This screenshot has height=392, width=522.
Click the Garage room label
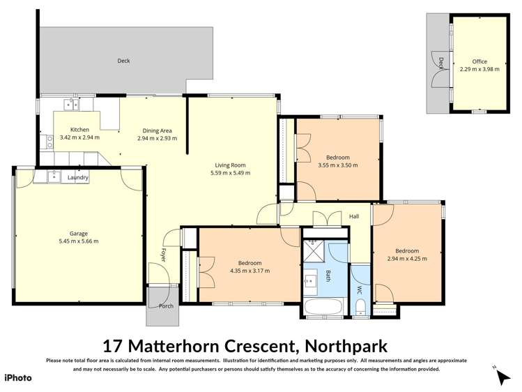(78, 234)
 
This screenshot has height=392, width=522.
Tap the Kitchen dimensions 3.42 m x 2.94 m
(79, 138)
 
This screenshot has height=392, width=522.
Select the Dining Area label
(157, 130)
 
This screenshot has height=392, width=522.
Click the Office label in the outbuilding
(479, 61)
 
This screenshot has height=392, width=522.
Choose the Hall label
(354, 217)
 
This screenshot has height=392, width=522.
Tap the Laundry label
(77, 178)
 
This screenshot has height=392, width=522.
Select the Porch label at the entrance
(166, 306)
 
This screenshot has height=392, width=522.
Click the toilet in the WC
(360, 307)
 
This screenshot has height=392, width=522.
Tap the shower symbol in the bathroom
(314, 250)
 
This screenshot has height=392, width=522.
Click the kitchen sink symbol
(70, 105)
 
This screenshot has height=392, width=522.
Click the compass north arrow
(503, 377)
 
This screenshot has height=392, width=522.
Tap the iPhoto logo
(18, 377)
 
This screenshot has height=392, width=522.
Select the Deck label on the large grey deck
(123, 61)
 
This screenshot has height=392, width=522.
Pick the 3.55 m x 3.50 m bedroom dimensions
(337, 165)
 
